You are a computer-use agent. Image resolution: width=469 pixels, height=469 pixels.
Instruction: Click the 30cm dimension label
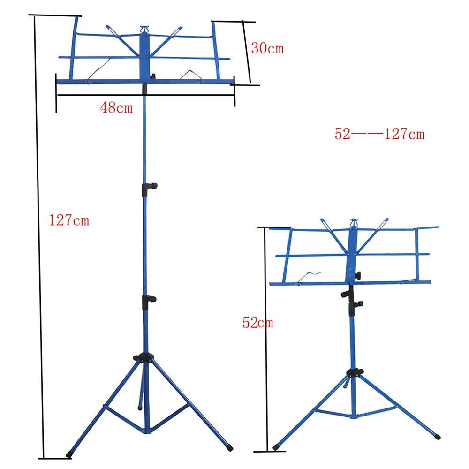pos(267,48)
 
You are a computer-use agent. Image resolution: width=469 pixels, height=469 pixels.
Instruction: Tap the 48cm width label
pos(116,108)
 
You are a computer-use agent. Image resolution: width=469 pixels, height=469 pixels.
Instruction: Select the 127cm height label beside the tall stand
pos(69,220)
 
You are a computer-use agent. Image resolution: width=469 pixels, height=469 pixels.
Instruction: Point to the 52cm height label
pos(257,323)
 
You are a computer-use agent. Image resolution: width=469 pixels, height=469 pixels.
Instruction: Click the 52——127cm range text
pos(379,135)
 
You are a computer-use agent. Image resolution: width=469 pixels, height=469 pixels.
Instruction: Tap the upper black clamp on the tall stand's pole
pos(149,187)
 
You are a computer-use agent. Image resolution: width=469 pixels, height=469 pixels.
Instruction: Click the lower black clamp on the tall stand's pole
pos(149,300)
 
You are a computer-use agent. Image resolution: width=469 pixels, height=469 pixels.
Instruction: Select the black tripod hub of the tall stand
pos(144,357)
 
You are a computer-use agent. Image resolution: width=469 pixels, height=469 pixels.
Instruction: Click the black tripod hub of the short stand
pos(355,373)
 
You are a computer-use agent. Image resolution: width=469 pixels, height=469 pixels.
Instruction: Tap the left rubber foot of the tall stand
pos(69,454)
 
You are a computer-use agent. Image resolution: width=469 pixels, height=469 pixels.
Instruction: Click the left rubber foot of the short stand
pos(276,447)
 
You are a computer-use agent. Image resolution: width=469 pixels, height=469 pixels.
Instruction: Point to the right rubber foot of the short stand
pos(437,436)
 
